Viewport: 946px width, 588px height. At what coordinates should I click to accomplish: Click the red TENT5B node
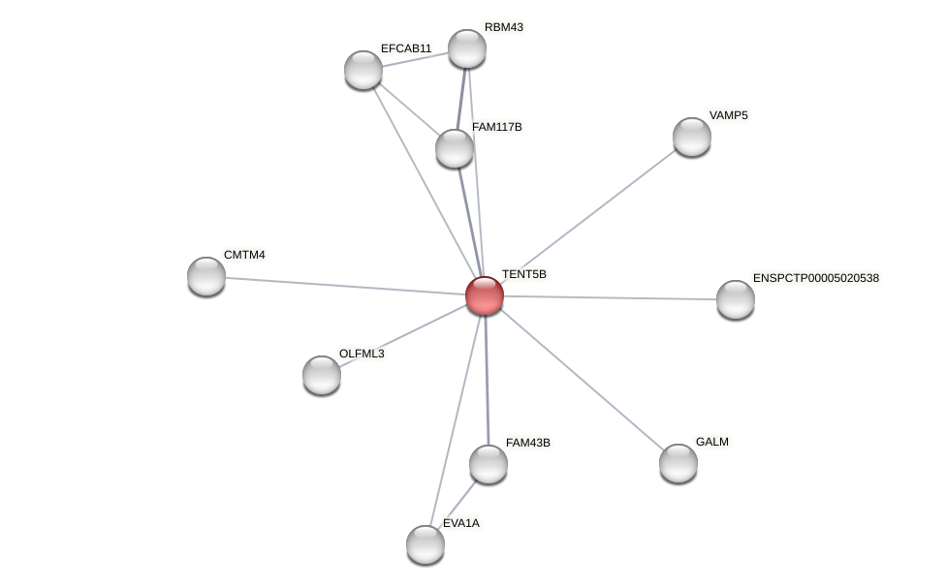(485, 295)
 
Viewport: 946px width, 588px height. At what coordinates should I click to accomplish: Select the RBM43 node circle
(466, 48)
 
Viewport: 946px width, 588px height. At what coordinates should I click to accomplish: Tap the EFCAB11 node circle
(363, 70)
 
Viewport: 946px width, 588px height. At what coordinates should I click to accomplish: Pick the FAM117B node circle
(455, 148)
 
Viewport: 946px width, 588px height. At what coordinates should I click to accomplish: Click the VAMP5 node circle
(691, 137)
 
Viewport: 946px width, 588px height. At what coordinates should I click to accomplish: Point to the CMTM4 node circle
(206, 276)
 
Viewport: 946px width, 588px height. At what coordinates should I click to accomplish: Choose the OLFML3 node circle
(322, 375)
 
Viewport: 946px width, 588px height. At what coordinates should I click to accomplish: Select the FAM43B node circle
(489, 464)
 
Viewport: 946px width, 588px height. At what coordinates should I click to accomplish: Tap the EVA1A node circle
(426, 544)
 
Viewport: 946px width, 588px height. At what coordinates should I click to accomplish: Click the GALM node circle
(678, 463)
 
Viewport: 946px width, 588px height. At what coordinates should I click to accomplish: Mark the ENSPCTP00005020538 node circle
(736, 299)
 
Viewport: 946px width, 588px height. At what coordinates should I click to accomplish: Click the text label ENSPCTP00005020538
(815, 278)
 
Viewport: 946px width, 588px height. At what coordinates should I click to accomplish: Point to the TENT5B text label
(523, 274)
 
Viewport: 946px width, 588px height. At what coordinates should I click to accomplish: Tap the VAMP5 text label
(728, 115)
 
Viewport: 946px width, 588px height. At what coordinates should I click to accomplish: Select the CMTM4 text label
(244, 255)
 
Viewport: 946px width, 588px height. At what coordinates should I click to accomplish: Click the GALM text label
(711, 442)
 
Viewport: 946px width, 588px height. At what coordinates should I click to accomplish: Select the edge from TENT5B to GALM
(582, 380)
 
